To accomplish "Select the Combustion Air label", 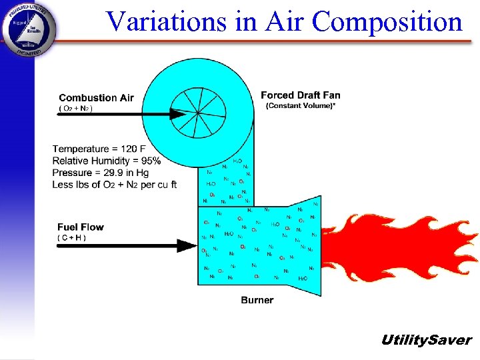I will pos(96,98).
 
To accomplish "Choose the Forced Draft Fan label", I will pos(300,95).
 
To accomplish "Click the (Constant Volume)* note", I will pos(301,106).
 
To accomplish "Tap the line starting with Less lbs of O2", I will pos(114,185).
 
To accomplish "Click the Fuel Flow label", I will pos(81,227).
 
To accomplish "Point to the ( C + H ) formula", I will pos(71,237).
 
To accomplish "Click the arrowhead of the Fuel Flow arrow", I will pos(187,245).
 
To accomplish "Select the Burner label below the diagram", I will pos(257,300).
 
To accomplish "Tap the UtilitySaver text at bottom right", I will pos(425,340).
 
